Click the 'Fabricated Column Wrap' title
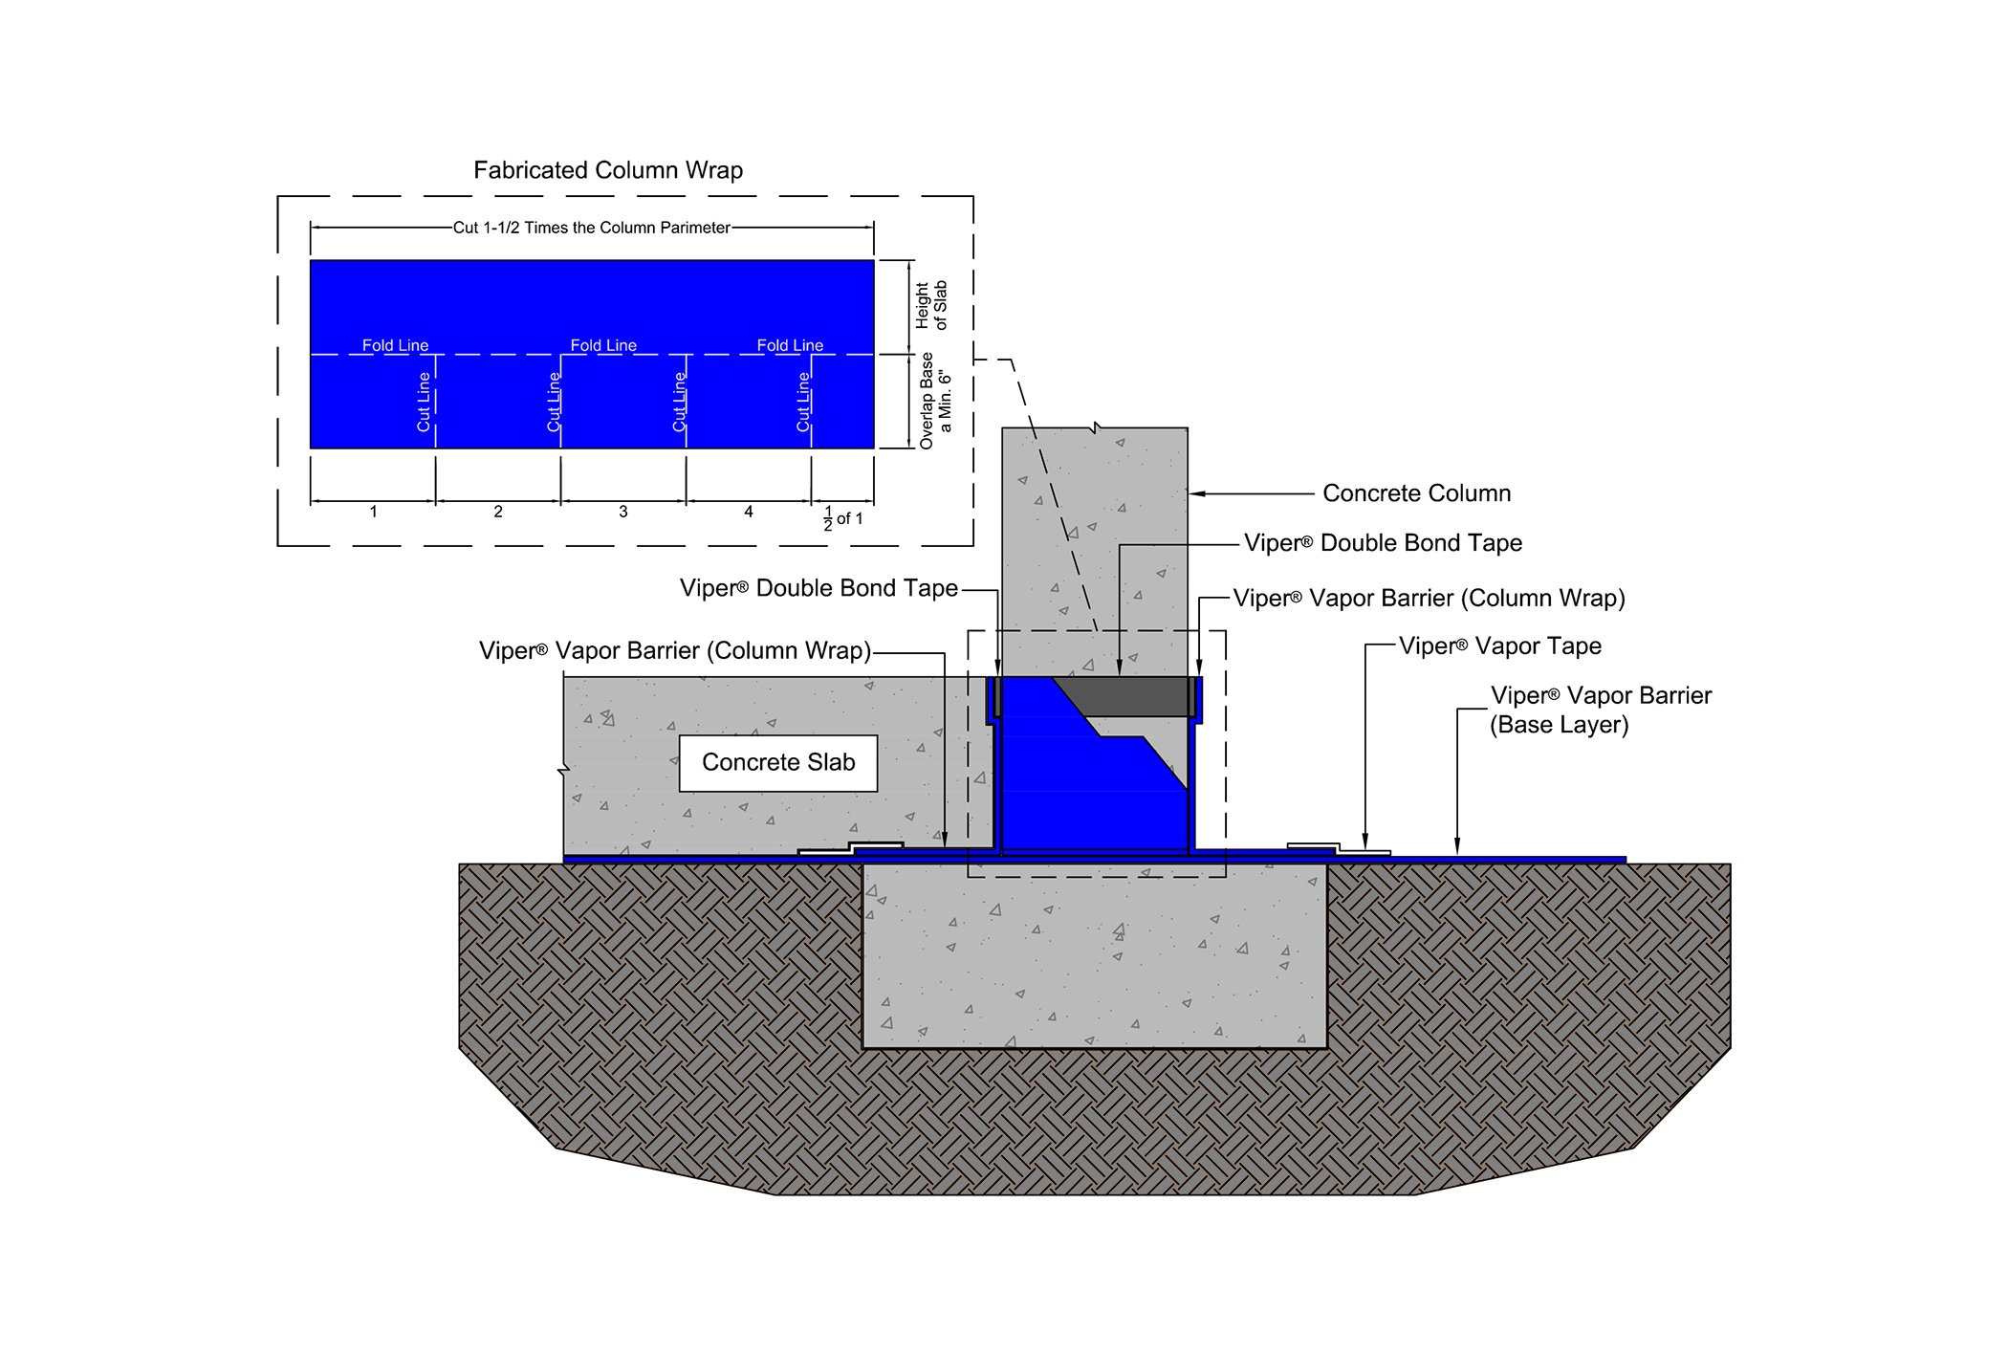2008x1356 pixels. tap(608, 170)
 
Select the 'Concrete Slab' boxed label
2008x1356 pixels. tap(778, 762)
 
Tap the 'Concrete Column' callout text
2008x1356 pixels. tap(1416, 493)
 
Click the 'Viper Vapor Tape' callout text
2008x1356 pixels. tap(1499, 646)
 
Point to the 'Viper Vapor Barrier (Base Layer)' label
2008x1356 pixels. tap(1600, 710)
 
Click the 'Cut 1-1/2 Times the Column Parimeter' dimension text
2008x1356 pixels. tap(591, 228)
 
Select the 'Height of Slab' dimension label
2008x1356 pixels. tap(930, 305)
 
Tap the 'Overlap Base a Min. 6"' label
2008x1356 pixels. tap(935, 401)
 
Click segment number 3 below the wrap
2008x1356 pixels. tap(623, 512)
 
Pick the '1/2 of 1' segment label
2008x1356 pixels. tap(842, 518)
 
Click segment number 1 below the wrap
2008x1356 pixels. tap(373, 512)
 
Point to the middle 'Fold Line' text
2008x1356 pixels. tap(603, 345)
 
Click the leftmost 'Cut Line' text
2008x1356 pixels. tap(424, 402)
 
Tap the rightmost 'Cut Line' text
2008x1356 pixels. tap(803, 402)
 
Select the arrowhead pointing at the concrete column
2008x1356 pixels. tap(1195, 493)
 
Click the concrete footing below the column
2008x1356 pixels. tap(1094, 956)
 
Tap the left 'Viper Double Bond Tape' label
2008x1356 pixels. tap(818, 588)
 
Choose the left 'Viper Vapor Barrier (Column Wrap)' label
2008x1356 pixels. tap(675, 651)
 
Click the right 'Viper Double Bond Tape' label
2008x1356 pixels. tap(1383, 543)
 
